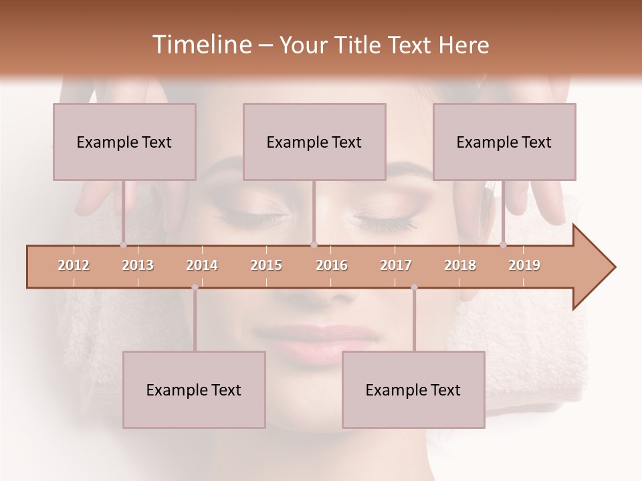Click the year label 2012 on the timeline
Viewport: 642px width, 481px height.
(74, 265)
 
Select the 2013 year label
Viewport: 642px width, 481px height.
(138, 265)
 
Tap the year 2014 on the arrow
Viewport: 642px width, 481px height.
(202, 265)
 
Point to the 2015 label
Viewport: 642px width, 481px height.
(266, 265)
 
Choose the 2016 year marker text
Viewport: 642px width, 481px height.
(332, 265)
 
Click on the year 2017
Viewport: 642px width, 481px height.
(396, 265)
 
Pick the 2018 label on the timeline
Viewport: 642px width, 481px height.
(460, 265)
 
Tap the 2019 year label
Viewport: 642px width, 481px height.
(524, 265)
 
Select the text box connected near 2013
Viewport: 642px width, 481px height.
(124, 142)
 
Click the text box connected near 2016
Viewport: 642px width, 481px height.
(314, 142)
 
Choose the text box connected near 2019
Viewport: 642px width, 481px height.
(504, 142)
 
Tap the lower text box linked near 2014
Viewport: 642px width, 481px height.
(194, 389)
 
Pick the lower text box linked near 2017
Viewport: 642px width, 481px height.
(413, 389)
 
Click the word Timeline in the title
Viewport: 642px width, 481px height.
(201, 45)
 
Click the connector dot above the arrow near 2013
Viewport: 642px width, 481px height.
(123, 245)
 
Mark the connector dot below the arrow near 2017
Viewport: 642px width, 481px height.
(414, 287)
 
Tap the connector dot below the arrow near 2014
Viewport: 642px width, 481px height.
(195, 287)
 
